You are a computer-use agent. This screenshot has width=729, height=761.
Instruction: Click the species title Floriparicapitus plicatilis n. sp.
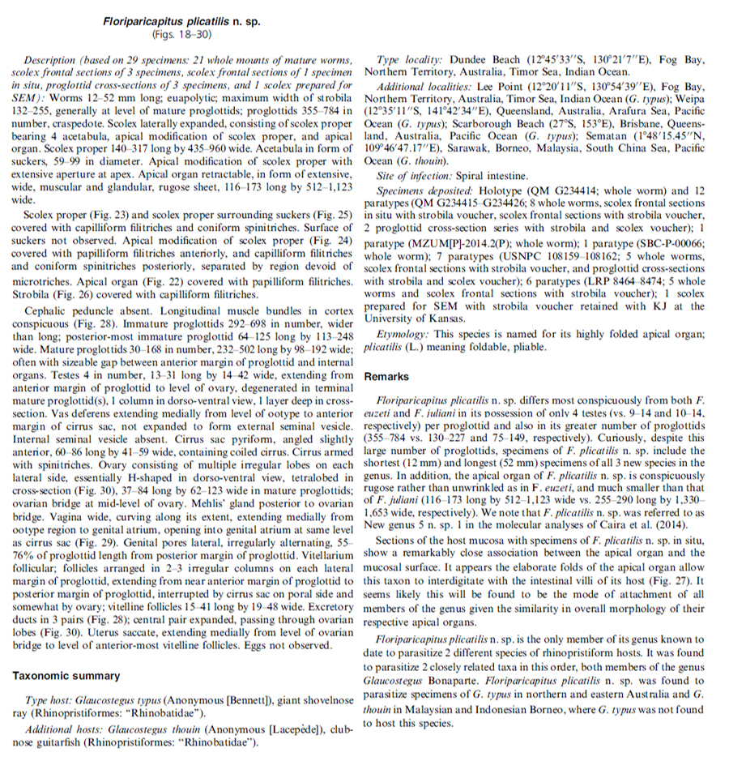[181, 22]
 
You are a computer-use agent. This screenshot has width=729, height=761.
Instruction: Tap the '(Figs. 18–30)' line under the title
[181, 35]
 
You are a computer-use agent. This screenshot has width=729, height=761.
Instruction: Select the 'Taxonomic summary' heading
[66, 675]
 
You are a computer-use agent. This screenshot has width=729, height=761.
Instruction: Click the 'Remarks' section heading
[387, 377]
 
